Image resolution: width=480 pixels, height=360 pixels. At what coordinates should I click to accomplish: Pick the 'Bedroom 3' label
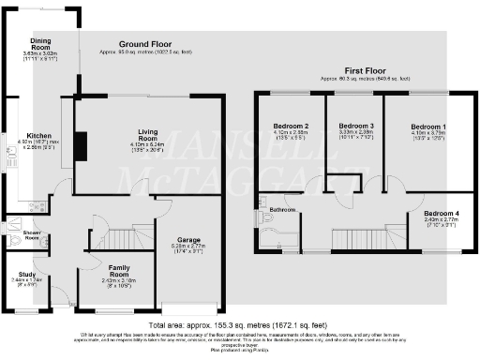tap(356, 126)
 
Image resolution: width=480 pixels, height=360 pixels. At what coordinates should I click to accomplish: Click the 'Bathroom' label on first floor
tap(283, 209)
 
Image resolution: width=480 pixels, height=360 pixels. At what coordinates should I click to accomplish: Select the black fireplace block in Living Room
tap(81, 147)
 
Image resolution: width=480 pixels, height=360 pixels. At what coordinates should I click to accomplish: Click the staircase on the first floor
tap(353, 240)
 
